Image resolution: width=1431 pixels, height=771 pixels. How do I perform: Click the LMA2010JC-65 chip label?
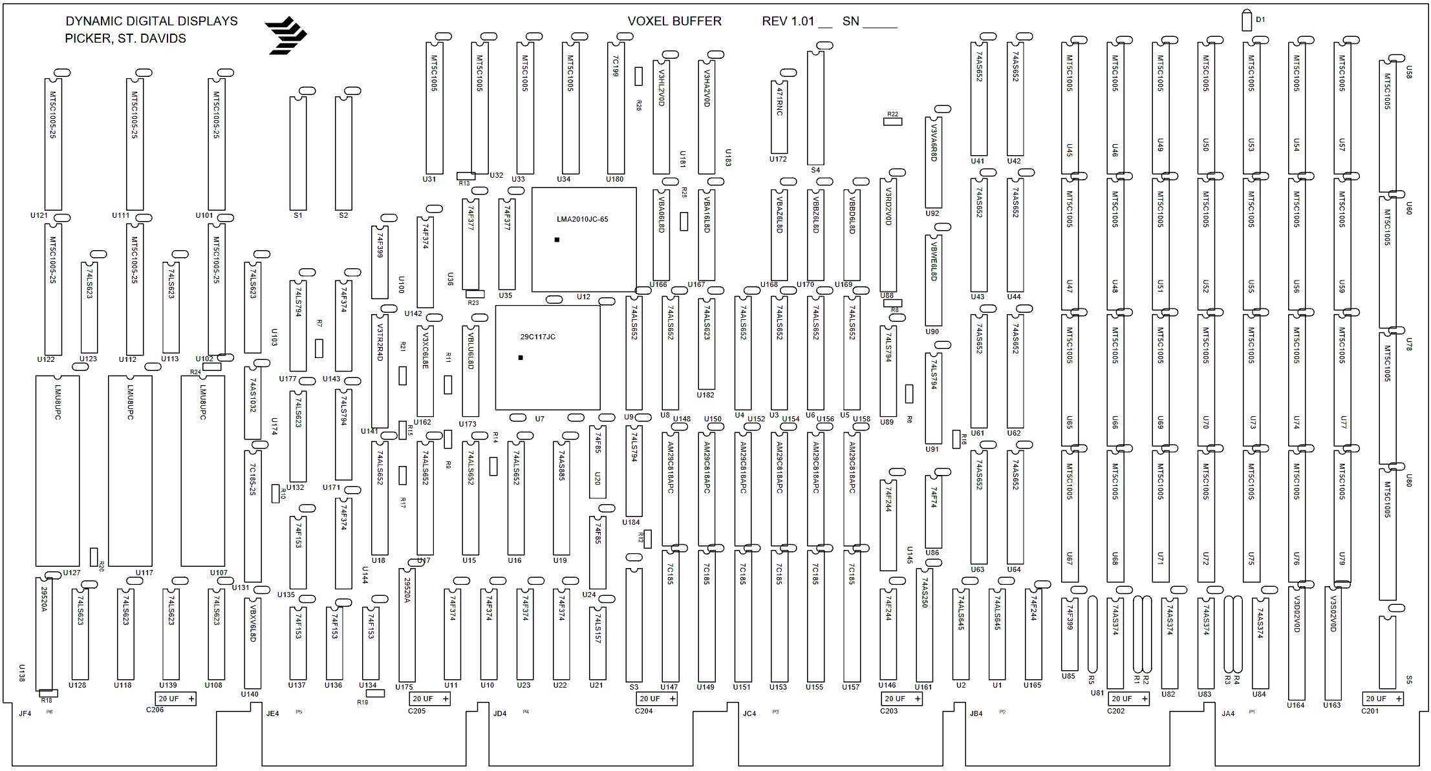[582, 219]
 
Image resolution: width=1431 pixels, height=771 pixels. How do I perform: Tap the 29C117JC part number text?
[537, 337]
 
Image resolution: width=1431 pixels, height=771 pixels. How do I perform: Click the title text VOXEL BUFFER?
[674, 21]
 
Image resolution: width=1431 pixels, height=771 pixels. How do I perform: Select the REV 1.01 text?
[788, 21]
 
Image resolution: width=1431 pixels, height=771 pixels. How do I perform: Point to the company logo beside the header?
[286, 36]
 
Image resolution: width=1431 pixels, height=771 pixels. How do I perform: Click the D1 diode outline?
[1247, 20]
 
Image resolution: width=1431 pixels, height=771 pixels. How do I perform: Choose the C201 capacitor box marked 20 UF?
[1383, 699]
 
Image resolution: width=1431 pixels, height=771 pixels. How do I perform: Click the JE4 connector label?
[272, 713]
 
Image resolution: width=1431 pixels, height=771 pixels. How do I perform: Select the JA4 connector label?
[1228, 713]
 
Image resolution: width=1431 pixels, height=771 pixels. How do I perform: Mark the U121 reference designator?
[39, 215]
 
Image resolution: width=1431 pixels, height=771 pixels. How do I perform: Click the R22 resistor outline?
[892, 121]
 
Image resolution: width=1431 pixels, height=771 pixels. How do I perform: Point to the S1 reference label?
[297, 215]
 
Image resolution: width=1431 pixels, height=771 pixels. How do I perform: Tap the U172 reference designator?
[778, 159]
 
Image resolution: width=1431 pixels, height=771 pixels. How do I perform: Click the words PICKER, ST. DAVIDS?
[125, 39]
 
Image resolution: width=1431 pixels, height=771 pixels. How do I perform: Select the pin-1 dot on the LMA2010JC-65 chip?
[557, 240]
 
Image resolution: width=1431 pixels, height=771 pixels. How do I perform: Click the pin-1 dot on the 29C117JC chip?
[521, 357]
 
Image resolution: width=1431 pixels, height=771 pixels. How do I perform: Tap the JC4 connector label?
[749, 713]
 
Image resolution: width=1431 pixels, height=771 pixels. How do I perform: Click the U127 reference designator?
[72, 573]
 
